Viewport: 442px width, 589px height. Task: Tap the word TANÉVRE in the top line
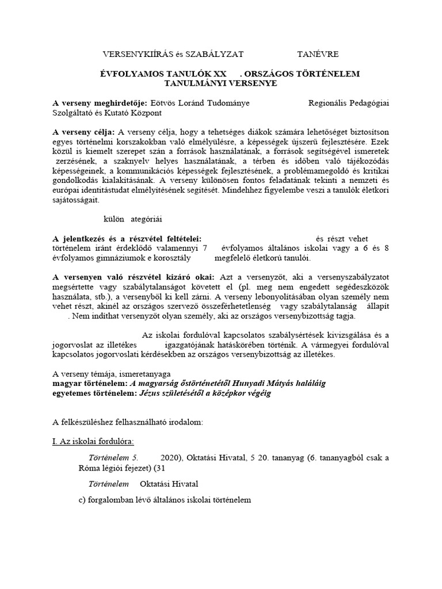[318, 54]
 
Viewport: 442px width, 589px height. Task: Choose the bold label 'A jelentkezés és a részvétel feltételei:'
[127, 239]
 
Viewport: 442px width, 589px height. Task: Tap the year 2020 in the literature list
[170, 458]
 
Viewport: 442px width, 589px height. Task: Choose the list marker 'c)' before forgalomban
[82, 500]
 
